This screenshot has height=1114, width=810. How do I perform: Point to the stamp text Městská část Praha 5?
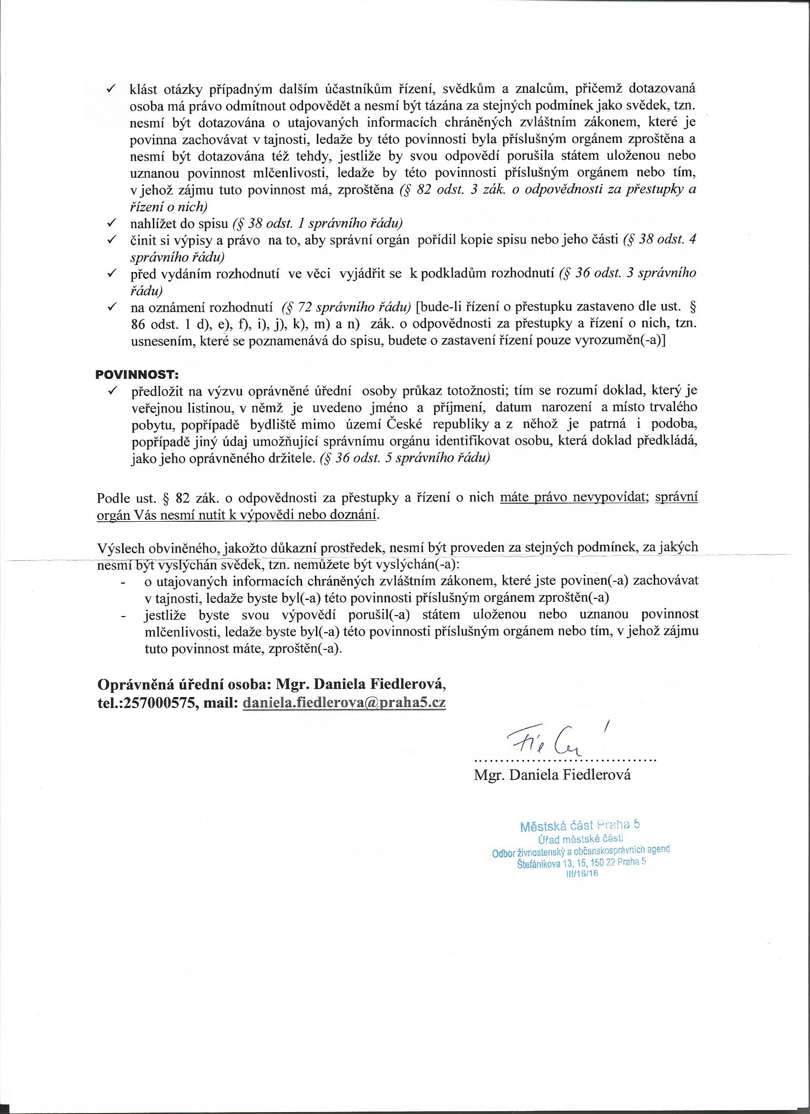579,826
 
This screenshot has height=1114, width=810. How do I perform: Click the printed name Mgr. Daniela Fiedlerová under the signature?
552,775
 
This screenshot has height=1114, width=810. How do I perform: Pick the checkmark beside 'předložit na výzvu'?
111,391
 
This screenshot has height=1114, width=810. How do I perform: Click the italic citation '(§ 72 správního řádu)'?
346,307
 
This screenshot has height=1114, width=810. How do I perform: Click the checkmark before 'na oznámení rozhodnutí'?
111,307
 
